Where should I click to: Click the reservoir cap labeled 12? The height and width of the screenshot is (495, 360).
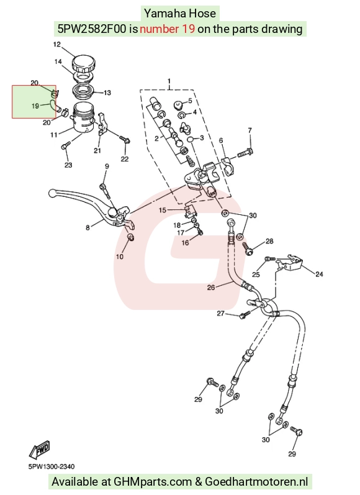click(84, 64)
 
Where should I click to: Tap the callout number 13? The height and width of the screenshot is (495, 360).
click(107, 93)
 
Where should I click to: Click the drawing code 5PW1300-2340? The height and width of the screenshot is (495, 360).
click(52, 466)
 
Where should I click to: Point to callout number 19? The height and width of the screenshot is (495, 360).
click(35, 106)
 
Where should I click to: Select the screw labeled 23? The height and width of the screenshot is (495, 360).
click(65, 146)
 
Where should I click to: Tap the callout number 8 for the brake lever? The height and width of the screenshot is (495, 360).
click(88, 227)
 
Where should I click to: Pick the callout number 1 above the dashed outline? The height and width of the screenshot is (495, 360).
click(169, 81)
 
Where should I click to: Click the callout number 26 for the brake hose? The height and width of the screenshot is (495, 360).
click(211, 288)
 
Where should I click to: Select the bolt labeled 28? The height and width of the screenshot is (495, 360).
click(248, 248)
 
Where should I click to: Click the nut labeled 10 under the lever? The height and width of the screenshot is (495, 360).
click(130, 237)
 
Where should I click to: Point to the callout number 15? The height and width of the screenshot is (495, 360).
click(162, 210)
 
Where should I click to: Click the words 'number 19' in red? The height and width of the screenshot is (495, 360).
click(167, 29)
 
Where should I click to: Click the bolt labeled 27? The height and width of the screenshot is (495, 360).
click(245, 314)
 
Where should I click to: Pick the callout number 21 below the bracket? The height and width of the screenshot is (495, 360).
click(97, 150)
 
